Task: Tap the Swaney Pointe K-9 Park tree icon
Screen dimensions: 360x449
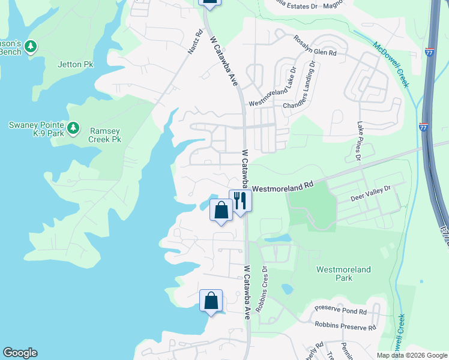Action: tap(73, 128)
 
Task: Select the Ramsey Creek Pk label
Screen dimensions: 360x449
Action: tap(105, 134)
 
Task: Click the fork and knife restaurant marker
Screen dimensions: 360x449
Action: tap(240, 200)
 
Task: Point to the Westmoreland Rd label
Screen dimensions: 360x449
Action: tap(283, 188)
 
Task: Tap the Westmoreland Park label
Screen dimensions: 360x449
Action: tap(343, 274)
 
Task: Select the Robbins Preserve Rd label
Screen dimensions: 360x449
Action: tap(345, 326)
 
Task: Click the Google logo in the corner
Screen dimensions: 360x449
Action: tap(20, 353)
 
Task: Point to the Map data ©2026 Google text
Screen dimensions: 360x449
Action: tap(411, 355)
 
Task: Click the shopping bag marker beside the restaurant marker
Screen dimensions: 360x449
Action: tap(221, 211)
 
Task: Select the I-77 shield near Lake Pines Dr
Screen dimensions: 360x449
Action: tap(423, 127)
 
